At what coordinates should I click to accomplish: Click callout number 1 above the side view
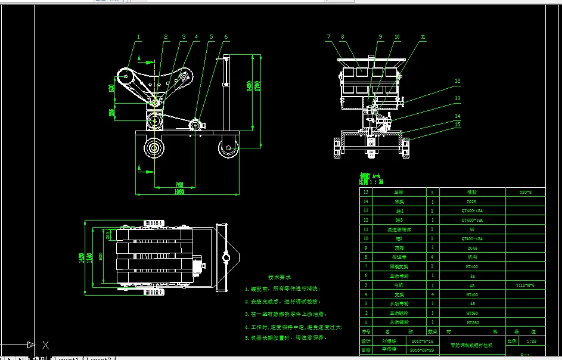(138, 37)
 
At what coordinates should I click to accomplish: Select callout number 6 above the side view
(226, 37)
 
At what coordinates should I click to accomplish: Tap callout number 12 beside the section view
(458, 81)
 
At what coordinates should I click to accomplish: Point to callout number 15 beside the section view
(458, 125)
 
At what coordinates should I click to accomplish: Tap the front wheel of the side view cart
(154, 149)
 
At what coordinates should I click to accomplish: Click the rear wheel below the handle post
(227, 149)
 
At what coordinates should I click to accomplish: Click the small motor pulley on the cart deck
(195, 125)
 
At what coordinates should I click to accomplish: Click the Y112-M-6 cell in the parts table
(525, 285)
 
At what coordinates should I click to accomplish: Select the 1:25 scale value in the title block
(532, 341)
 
